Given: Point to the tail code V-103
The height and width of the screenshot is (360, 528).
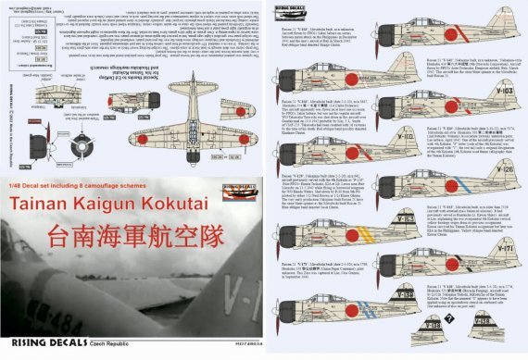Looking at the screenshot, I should pos(500,66).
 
